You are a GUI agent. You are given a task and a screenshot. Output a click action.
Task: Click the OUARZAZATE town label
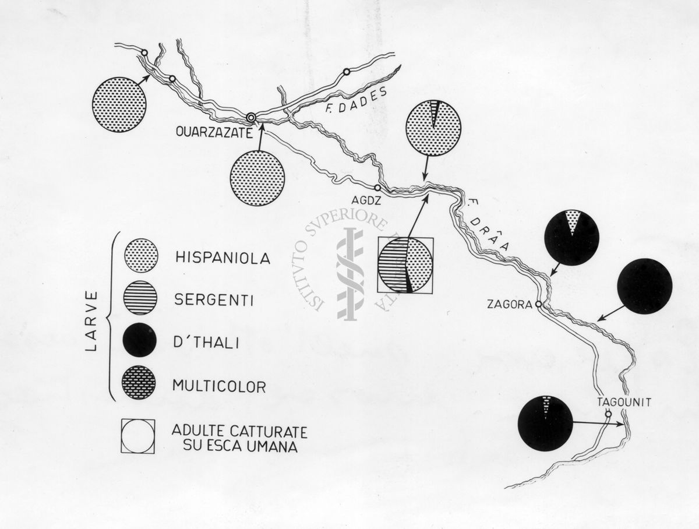tap(214, 132)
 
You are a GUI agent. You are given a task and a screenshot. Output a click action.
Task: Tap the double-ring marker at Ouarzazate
tap(251, 118)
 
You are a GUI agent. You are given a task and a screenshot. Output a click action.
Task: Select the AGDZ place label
tap(366, 200)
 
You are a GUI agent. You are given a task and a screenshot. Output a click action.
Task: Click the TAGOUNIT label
tap(624, 402)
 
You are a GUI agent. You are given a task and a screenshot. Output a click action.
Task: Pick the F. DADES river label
tap(356, 101)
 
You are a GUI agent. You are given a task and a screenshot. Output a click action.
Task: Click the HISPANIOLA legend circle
tap(141, 255)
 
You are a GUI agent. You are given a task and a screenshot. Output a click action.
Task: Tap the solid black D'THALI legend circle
tap(139, 340)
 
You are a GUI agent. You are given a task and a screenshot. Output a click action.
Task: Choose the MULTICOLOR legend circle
tap(139, 382)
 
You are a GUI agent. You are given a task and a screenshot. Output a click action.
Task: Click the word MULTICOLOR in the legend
tap(220, 386)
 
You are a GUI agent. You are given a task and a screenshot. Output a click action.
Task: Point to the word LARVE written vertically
tap(91, 322)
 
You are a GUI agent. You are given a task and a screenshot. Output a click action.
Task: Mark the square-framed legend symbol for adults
tap(138, 436)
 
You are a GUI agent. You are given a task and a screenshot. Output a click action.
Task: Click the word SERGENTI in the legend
tap(214, 299)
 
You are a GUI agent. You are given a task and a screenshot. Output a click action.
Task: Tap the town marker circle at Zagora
tap(538, 305)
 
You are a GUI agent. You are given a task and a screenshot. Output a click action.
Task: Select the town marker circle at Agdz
tap(377, 187)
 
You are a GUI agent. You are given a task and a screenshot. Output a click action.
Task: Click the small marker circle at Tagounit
tap(608, 414)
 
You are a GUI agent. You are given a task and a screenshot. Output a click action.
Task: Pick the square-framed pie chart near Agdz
tap(405, 265)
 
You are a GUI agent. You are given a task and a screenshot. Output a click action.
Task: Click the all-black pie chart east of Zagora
tap(645, 286)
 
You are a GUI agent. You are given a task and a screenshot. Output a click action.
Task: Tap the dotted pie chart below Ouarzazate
tap(257, 178)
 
